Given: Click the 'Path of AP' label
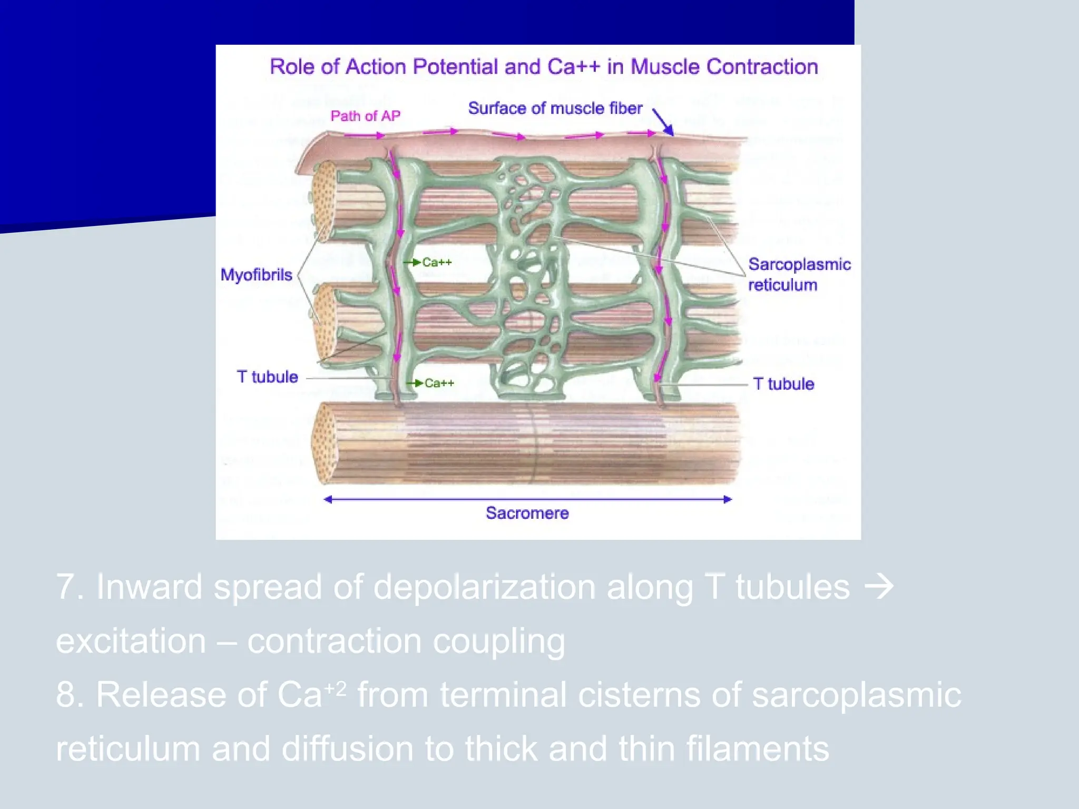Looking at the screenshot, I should pos(365,116).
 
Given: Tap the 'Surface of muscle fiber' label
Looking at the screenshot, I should pos(555,108).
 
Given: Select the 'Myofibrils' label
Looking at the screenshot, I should pos(256,275).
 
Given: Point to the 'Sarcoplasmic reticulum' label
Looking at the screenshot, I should pos(799,274).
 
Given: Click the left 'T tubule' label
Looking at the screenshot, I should pos(267,377).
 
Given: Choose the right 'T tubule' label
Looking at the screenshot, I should pos(783,384).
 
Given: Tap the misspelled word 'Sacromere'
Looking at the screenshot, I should pos(527,513).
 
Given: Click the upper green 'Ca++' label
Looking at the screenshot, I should pos(437,262).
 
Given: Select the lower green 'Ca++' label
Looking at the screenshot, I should pos(439,383).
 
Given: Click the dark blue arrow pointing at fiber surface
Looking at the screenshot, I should pos(664,123).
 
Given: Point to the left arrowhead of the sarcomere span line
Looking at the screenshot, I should pos(328,499).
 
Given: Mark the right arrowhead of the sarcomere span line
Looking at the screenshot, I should pos(728,499).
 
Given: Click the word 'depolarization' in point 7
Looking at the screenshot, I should pos(484,587).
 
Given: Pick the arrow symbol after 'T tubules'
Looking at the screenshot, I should pos(879,587).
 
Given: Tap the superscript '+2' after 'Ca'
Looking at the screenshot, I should pos(335,688).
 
